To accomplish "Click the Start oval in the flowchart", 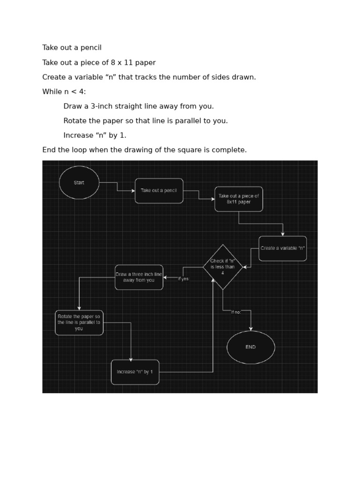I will point(79,183).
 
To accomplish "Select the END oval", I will point(251,347).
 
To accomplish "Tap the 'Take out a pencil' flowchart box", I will point(159,191).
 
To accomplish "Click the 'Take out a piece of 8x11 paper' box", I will point(239,199).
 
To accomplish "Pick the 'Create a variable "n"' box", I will point(283,248).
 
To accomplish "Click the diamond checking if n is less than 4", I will point(223,267).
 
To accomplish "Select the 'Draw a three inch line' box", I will point(139,277).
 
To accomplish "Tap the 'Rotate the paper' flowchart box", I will point(79,322).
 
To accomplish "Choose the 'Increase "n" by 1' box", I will point(135,372).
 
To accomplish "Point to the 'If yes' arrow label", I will point(183,279).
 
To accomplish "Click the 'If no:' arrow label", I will point(236,312).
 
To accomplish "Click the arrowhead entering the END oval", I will point(251,329).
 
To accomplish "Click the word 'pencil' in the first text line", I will point(90,48).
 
